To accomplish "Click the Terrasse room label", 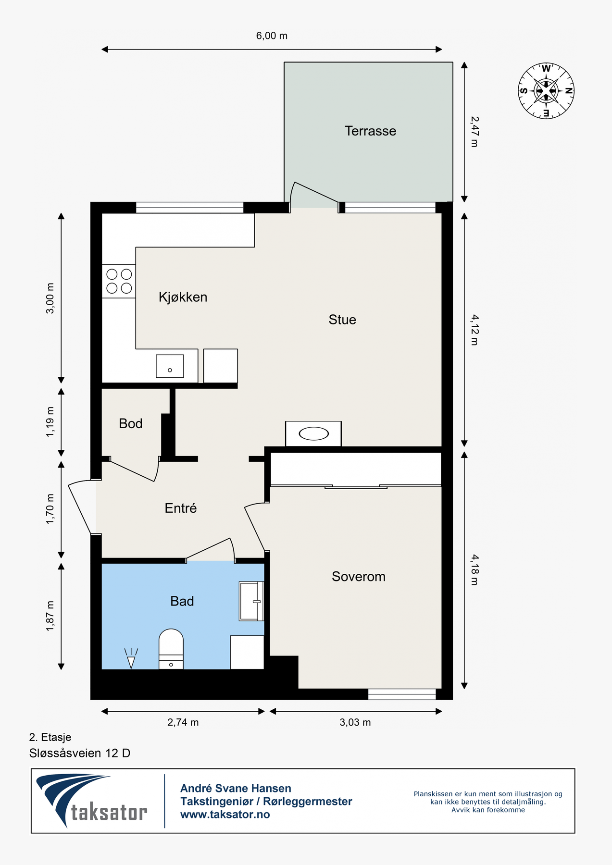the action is click(x=370, y=131).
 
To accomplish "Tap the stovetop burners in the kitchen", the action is click(x=119, y=281).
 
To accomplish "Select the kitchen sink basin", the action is click(x=170, y=366).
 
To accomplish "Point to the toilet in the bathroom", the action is click(x=171, y=649).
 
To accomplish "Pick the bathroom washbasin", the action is click(x=251, y=601).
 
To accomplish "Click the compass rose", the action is click(x=546, y=91).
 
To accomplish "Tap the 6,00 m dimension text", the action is click(x=272, y=36).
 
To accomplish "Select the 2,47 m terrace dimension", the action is click(x=474, y=132).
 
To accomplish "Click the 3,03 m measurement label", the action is click(x=355, y=722).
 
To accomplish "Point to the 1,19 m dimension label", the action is click(x=50, y=422).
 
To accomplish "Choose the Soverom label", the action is click(x=359, y=577).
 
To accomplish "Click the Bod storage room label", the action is click(x=131, y=423).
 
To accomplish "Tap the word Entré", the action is click(x=181, y=508).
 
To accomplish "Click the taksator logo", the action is click(x=91, y=801).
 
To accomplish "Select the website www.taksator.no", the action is click(x=225, y=815).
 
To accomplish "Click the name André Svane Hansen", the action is click(x=236, y=789).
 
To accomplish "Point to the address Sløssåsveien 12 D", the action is click(x=80, y=753).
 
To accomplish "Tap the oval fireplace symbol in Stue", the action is click(x=313, y=434).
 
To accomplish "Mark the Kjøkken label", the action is click(x=183, y=297).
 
